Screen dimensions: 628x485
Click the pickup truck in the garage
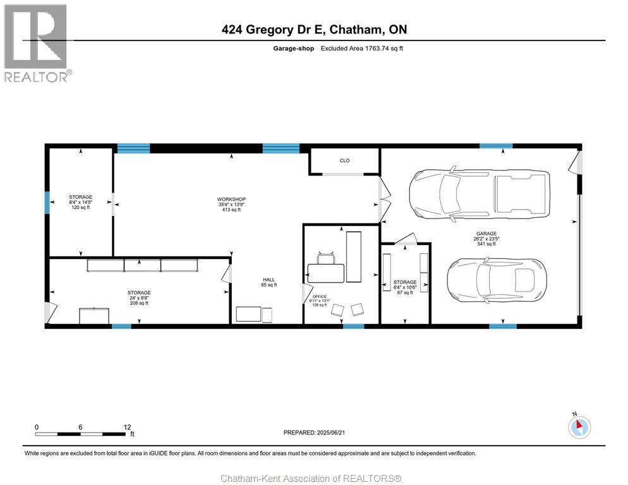point(480,194)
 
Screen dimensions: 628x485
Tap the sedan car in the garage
point(496,280)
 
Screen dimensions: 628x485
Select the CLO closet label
point(344,160)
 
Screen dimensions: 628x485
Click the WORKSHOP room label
point(231,199)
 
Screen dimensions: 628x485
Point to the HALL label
point(269,280)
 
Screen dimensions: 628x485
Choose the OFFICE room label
point(319,296)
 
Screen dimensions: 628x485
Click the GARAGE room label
point(486,234)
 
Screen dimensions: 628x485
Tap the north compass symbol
point(579,426)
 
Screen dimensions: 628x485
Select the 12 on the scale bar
point(128,428)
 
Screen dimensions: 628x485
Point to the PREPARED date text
point(314,433)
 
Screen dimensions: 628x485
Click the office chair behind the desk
point(326,258)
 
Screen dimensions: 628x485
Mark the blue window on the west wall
point(47,202)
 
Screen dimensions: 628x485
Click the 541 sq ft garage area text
point(486,244)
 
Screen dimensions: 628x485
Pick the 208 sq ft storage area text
point(139,303)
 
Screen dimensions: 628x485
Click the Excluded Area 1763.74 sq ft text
point(361,49)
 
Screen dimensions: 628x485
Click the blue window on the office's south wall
point(354,326)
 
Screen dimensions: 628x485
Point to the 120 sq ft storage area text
point(80,208)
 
